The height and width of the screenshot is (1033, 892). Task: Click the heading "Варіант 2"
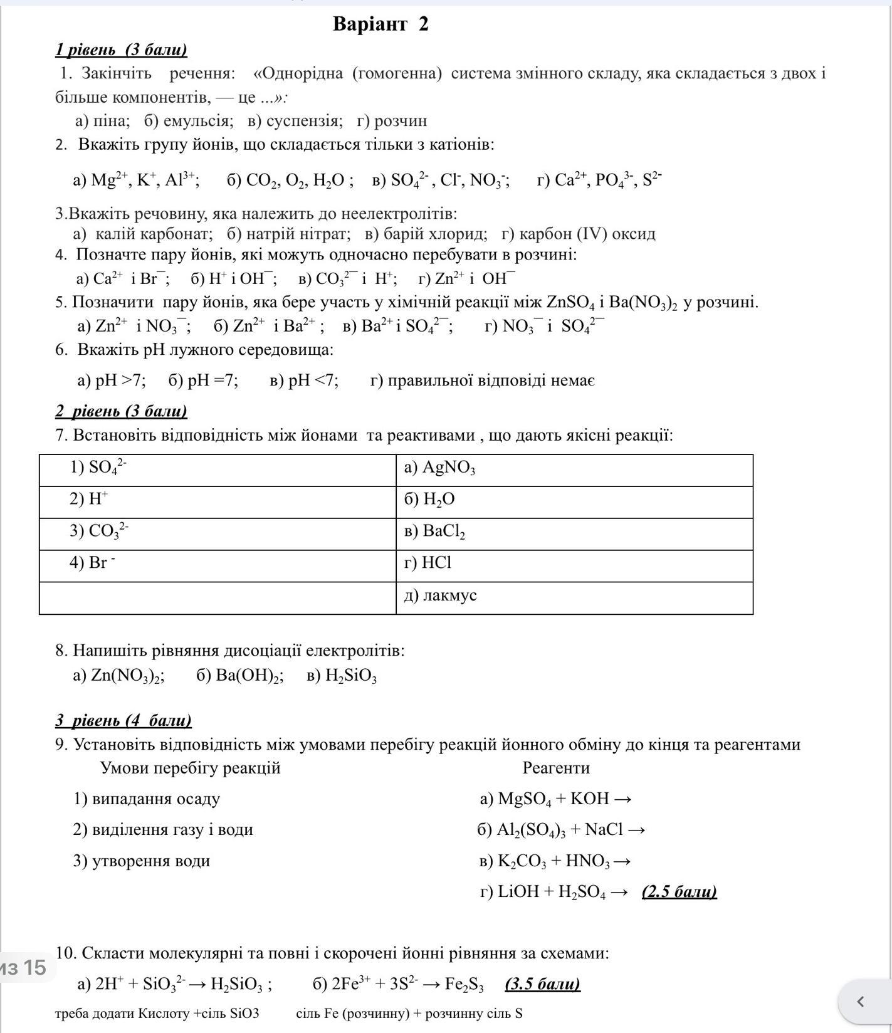click(380, 24)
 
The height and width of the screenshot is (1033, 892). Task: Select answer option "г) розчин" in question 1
click(392, 121)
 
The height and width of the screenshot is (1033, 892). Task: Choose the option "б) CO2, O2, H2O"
click(289, 181)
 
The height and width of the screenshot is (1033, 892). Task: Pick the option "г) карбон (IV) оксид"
click(578, 234)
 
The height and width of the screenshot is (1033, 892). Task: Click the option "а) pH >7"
click(111, 380)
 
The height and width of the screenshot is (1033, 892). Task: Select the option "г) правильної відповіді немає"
click(482, 380)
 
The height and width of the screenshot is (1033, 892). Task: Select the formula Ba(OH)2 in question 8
click(249, 676)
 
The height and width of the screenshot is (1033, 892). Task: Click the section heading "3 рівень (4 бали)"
click(123, 720)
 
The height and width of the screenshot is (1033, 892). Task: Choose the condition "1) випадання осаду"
click(147, 799)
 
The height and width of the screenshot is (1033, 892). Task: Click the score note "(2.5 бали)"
click(679, 892)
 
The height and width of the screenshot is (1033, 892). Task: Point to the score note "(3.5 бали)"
click(542, 984)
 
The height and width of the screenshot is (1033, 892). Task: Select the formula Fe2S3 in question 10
click(464, 985)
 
